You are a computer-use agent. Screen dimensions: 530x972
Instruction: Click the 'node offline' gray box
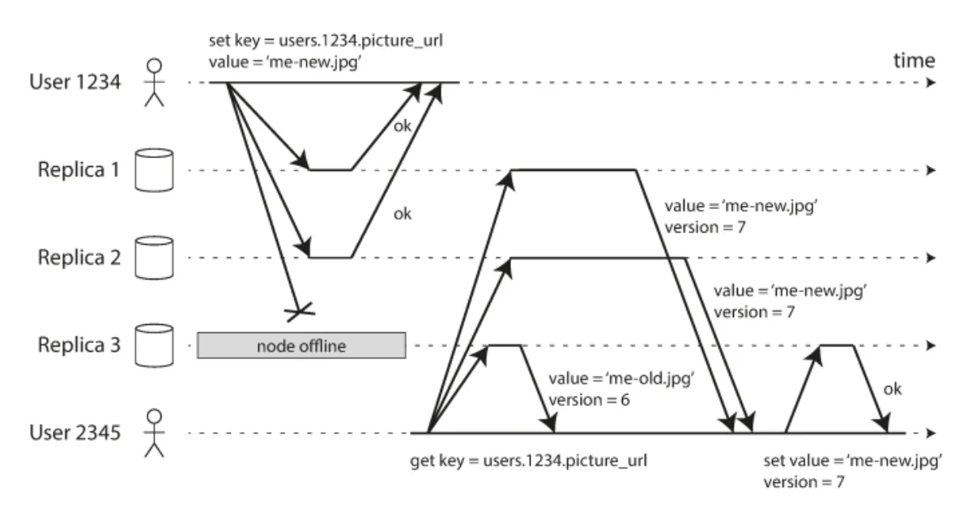[301, 346]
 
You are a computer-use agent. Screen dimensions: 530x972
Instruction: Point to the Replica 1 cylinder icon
[154, 170]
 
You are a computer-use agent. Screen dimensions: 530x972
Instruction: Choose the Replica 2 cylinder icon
[154, 258]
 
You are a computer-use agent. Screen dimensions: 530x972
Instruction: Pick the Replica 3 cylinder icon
[154, 346]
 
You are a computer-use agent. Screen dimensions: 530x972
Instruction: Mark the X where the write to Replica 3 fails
[298, 310]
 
